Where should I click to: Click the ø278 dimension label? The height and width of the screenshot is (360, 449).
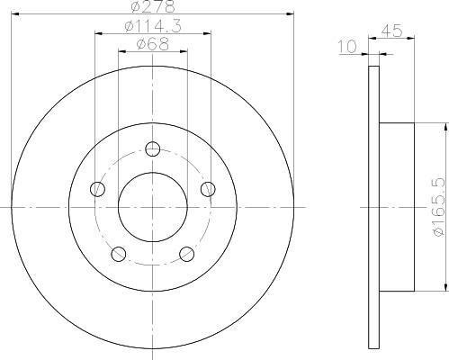tap(153, 6)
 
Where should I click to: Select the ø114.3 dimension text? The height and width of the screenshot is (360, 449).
tap(153, 26)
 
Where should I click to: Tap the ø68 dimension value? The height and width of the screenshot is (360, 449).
tap(153, 45)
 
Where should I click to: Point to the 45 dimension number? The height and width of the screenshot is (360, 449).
tap(391, 31)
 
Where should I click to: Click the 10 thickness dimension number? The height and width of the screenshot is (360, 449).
tap(347, 47)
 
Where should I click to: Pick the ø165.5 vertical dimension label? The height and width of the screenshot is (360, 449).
tap(438, 207)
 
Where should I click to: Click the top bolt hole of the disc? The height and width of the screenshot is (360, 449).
tap(153, 148)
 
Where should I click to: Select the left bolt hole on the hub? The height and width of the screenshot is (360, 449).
tap(97, 189)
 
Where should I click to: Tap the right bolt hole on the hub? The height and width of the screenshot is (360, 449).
tap(208, 189)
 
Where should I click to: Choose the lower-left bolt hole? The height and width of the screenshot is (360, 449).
tap(119, 254)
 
